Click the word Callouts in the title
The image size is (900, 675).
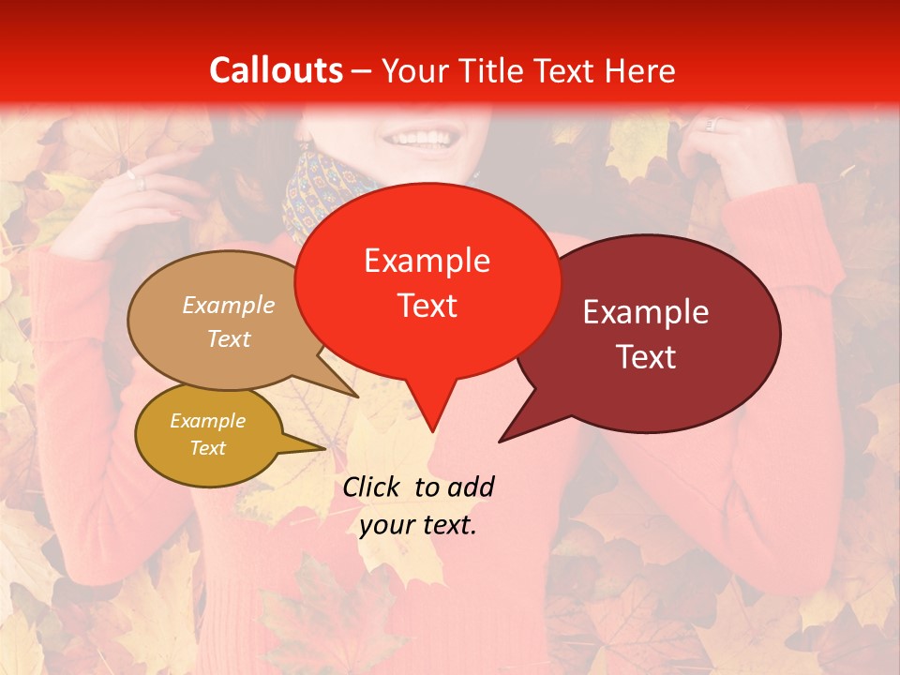point(276,70)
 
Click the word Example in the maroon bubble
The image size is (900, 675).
point(646,312)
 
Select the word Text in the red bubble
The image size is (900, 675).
point(427,306)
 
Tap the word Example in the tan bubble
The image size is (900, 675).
point(229,305)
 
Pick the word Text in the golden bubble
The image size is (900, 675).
point(208,448)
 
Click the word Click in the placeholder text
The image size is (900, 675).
point(372,487)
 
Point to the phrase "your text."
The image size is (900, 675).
point(418,525)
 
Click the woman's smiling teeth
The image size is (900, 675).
point(421,139)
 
